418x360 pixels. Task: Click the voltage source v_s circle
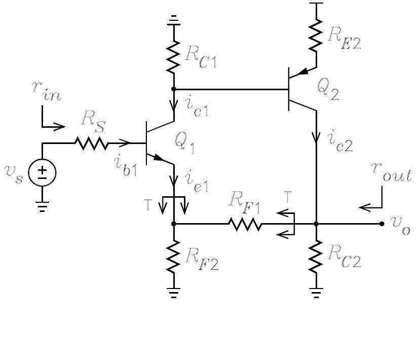pyautogui.click(x=42, y=173)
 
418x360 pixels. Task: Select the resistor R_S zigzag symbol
pyautogui.click(x=92, y=143)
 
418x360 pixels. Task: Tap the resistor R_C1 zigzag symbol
pyautogui.click(x=174, y=57)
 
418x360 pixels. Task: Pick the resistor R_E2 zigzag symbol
pyautogui.click(x=316, y=35)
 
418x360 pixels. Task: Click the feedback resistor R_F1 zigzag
pyautogui.click(x=245, y=224)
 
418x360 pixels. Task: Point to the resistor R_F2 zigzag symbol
pyautogui.click(x=174, y=257)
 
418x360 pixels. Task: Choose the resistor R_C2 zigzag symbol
pyautogui.click(x=316, y=257)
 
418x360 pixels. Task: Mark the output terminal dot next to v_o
pyautogui.click(x=382, y=224)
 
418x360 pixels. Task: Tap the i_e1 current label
pyautogui.click(x=197, y=178)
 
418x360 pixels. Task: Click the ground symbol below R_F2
pyautogui.click(x=174, y=293)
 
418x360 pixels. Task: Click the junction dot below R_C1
pyautogui.click(x=174, y=89)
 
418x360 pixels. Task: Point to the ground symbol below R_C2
pyautogui.click(x=316, y=293)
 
